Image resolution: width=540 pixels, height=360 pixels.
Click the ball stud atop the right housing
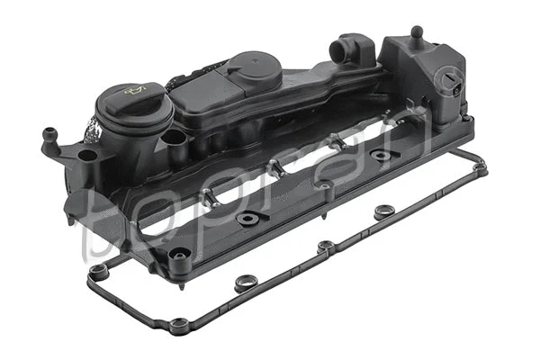(x=416, y=32)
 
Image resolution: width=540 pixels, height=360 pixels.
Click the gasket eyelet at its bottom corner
(x=181, y=322)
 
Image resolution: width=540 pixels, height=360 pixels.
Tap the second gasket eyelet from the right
(x=384, y=212)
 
